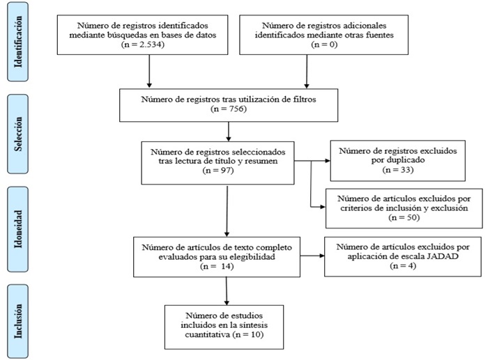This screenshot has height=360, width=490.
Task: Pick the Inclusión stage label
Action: coord(24,320)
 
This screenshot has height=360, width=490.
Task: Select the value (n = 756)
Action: coord(229,110)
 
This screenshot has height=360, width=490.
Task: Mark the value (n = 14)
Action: coord(212,265)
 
